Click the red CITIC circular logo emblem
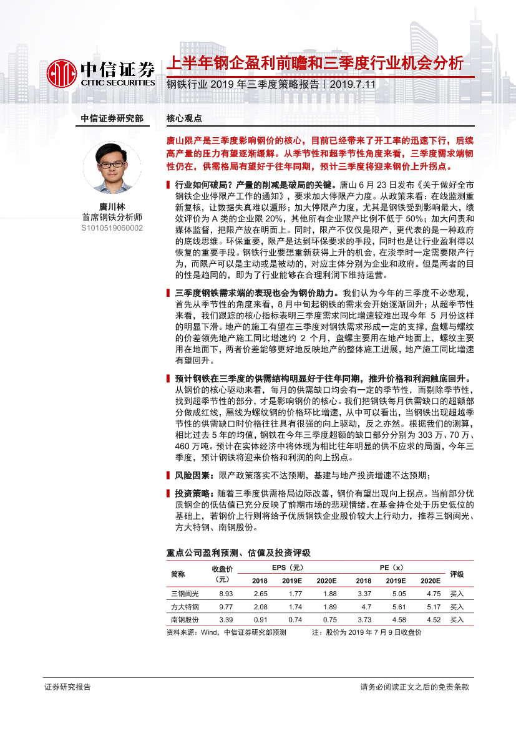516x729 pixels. [62, 74]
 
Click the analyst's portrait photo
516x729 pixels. [112, 167]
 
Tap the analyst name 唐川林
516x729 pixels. [112, 206]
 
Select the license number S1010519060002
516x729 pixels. [112, 228]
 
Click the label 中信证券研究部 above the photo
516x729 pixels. [112, 118]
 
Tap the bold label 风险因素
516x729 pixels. [193, 475]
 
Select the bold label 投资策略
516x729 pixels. [193, 492]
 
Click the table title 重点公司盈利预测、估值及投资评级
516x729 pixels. [238, 553]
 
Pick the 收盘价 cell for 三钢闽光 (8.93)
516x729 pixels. [226, 594]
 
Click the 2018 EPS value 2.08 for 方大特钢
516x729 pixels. [260, 607]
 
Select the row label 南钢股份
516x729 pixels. [185, 620]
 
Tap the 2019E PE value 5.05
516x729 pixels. [396, 594]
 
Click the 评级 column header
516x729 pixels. [457, 574]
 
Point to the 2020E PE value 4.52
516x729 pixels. [430, 620]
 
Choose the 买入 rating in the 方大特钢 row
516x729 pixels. [457, 607]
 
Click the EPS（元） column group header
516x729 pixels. [287, 567]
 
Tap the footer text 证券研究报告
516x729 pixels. [67, 687]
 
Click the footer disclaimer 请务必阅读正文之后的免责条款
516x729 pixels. [414, 687]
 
